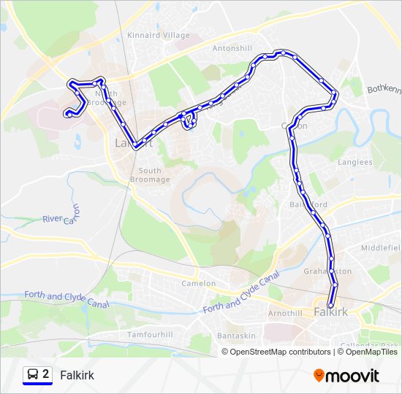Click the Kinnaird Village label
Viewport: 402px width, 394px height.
coord(158,35)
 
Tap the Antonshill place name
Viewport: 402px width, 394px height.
coord(232,48)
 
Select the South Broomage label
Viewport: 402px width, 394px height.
coord(150,174)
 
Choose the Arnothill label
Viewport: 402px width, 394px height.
coord(285,313)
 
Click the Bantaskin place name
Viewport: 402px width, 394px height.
coord(235,336)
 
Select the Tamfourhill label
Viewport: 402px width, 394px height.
coord(150,333)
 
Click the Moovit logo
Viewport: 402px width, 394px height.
coord(346,376)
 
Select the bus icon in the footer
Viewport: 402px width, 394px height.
coord(32,375)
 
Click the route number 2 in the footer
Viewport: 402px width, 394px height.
coord(46,375)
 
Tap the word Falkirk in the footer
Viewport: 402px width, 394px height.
coord(77,376)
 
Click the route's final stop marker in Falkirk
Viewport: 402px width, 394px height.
coord(331,306)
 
